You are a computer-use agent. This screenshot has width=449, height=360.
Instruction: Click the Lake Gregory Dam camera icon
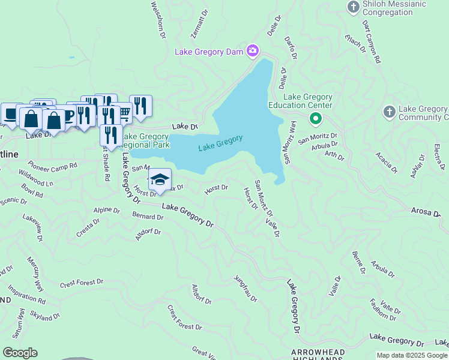253,50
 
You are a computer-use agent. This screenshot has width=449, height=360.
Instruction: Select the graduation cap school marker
160,179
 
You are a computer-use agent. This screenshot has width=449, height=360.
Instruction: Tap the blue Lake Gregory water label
220,142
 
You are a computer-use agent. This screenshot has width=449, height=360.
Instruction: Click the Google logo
20,353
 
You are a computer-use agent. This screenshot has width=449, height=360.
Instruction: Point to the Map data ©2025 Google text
412,355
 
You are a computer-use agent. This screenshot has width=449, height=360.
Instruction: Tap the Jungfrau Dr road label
246,289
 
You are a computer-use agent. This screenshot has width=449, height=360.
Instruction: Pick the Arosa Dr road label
425,211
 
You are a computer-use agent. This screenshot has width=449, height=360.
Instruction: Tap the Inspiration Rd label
25,294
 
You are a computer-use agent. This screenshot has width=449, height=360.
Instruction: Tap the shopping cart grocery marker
124,112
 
